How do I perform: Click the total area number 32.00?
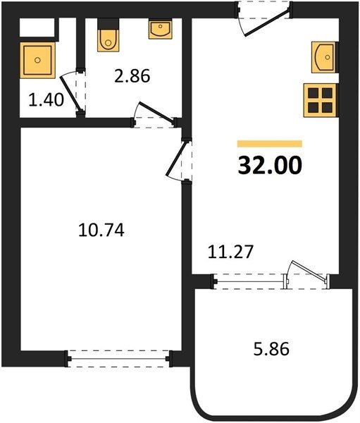[x=270, y=166]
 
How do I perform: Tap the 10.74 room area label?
[x=101, y=231]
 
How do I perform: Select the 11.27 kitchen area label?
[x=230, y=252]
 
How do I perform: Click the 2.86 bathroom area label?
[x=132, y=76]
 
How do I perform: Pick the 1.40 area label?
[x=46, y=99]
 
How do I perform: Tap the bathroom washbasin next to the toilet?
[x=160, y=29]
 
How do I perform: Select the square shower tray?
[x=37, y=60]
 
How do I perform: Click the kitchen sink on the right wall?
[x=325, y=57]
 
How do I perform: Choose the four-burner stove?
[x=320, y=100]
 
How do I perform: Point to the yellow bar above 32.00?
[x=270, y=144]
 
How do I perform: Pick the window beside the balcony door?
[x=249, y=281]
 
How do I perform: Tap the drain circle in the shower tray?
[x=37, y=60]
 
